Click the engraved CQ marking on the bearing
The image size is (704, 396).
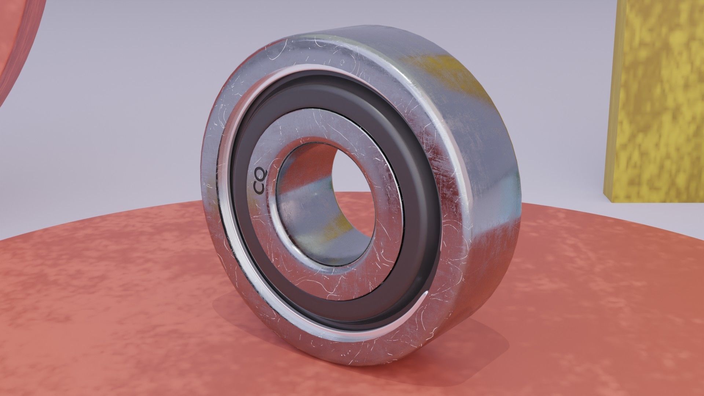(260, 181)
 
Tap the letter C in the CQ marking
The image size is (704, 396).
(259, 188)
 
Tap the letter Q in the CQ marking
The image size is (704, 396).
(261, 173)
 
